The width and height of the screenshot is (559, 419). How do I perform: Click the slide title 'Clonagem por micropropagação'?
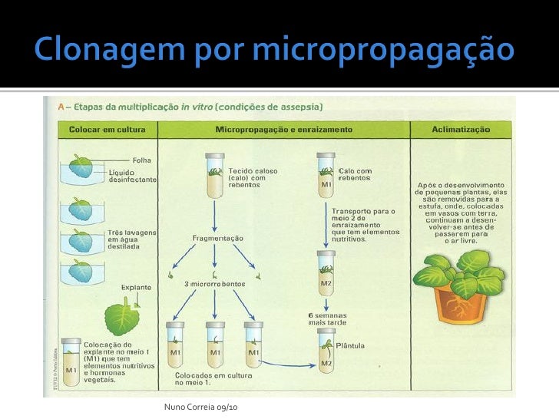pyautogui.click(x=273, y=51)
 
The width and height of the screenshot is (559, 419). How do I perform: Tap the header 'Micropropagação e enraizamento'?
pyautogui.click(x=284, y=130)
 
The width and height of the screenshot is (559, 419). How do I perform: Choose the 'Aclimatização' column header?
pyautogui.click(x=461, y=130)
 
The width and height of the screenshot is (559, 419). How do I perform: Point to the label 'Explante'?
pyautogui.click(x=136, y=288)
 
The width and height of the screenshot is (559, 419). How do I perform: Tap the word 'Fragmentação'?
pyautogui.click(x=217, y=238)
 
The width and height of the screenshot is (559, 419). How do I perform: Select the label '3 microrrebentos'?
pyautogui.click(x=215, y=284)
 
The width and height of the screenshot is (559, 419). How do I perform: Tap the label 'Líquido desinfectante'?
pyautogui.click(x=132, y=176)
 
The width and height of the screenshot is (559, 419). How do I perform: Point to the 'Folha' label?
pyautogui.click(x=141, y=160)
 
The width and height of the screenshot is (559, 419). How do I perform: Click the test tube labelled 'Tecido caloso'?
pyautogui.click(x=215, y=177)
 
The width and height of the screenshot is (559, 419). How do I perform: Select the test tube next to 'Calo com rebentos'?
pyautogui.click(x=326, y=177)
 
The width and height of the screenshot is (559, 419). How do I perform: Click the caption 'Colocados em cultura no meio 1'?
pyautogui.click(x=207, y=378)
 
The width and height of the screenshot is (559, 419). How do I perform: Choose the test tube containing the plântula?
pyautogui.click(x=326, y=354)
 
